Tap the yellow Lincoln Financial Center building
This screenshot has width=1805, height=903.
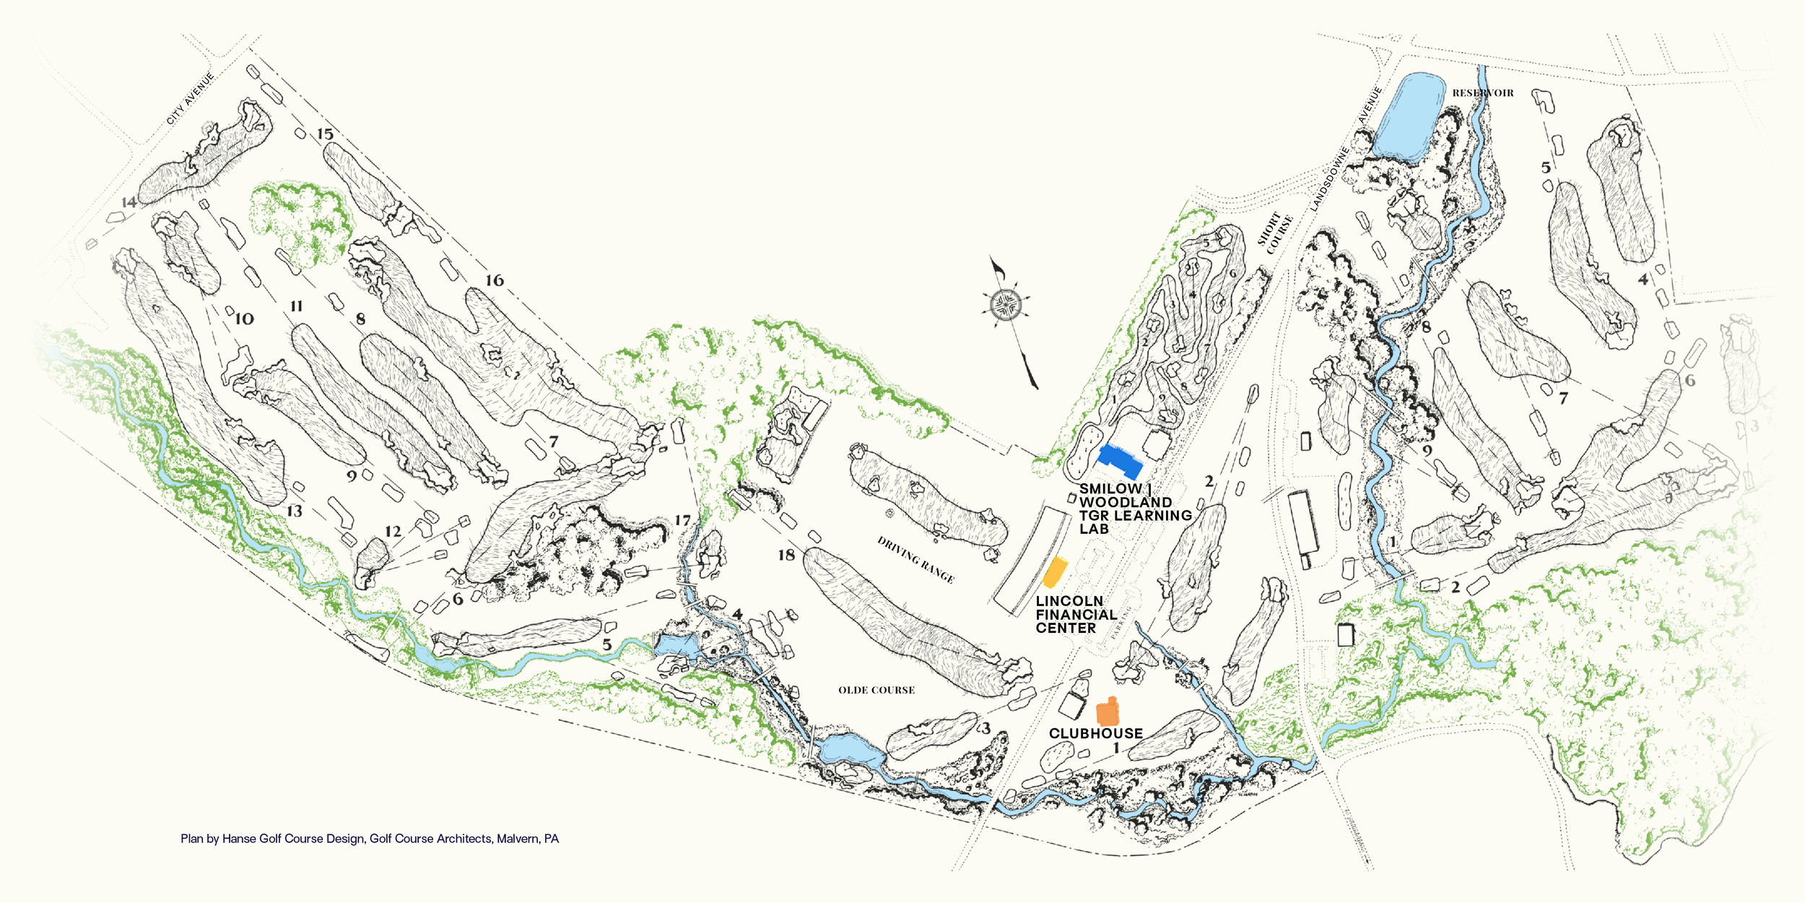click(x=1055, y=572)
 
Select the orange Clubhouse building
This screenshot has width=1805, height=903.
click(x=1108, y=712)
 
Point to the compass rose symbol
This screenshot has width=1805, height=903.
click(x=1006, y=304)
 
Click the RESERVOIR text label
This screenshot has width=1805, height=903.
click(x=1483, y=93)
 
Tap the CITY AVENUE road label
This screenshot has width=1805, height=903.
click(x=191, y=99)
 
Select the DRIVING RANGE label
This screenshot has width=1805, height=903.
click(x=915, y=560)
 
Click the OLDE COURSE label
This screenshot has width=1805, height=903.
click(x=877, y=691)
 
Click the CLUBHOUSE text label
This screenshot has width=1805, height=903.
click(x=1095, y=733)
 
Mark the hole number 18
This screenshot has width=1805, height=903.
click(x=786, y=555)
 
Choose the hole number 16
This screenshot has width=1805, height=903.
click(x=495, y=280)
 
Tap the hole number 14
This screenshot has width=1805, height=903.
click(x=129, y=202)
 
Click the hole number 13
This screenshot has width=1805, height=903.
click(x=295, y=511)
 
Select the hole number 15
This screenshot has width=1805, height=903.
click(x=325, y=134)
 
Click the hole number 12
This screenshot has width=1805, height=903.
click(x=393, y=532)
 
